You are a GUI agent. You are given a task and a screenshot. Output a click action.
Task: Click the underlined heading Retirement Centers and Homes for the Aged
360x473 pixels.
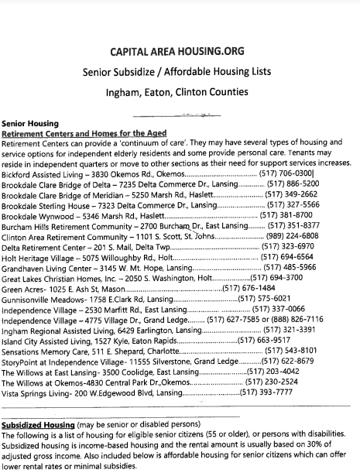point(84,133)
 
